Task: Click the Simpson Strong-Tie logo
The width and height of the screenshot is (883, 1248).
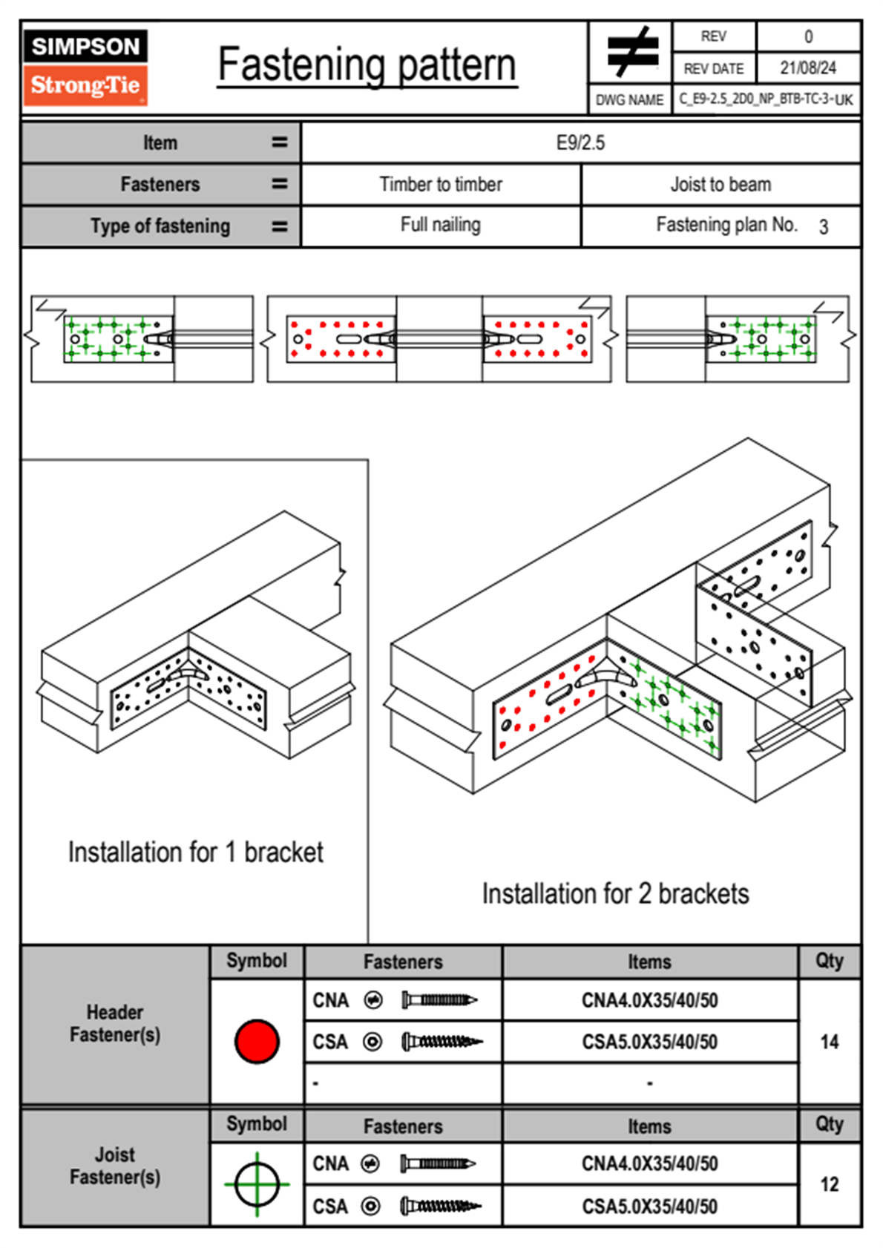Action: [x=85, y=68]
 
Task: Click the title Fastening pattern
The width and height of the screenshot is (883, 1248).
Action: [x=367, y=65]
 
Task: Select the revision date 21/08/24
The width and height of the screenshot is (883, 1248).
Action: [x=807, y=68]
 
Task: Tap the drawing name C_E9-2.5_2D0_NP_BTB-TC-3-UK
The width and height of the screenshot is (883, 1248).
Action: [x=766, y=99]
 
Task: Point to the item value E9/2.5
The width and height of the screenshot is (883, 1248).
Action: [x=580, y=142]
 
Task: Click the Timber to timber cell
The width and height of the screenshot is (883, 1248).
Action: [x=441, y=184]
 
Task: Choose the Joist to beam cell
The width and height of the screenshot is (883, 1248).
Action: [x=720, y=184]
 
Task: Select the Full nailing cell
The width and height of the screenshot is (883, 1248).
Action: [x=441, y=225]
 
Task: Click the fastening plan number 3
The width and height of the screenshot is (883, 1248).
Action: [x=823, y=227]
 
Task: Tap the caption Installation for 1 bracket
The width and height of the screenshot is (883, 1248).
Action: [x=195, y=853]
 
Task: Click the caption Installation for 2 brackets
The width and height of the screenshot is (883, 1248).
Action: [x=615, y=894]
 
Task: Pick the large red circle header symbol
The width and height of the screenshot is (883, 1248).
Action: [x=257, y=1041]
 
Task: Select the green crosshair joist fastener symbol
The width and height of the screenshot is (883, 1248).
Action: [x=257, y=1184]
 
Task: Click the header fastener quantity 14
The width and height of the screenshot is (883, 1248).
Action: [x=829, y=1042]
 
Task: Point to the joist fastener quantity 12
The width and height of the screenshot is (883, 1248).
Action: [x=829, y=1184]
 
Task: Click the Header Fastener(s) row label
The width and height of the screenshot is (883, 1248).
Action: [x=115, y=1024]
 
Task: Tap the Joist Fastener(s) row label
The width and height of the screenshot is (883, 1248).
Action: [x=115, y=1166]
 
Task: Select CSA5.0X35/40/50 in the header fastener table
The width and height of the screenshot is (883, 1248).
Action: [x=649, y=1042]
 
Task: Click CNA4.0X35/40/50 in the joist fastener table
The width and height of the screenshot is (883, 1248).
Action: [x=649, y=1163]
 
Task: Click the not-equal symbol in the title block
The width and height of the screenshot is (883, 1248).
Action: [x=631, y=52]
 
